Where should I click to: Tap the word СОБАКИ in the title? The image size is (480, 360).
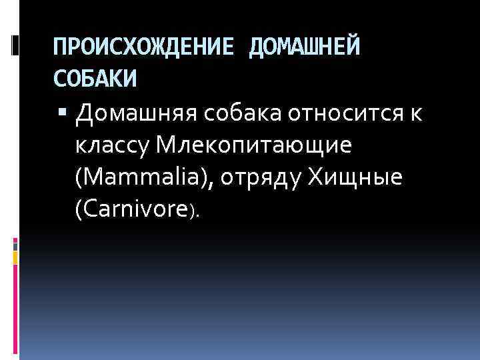[x=95, y=79]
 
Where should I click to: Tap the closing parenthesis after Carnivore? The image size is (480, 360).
[x=192, y=212]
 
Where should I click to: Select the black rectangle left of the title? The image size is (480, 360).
[x=15, y=45]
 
